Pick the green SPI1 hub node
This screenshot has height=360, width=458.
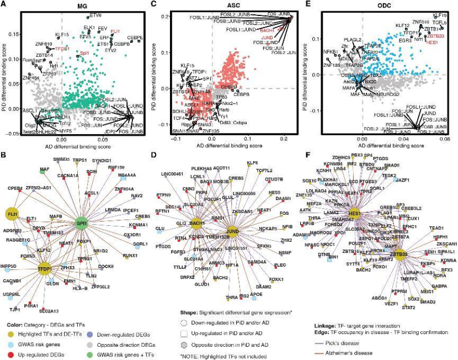tap(84, 223)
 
